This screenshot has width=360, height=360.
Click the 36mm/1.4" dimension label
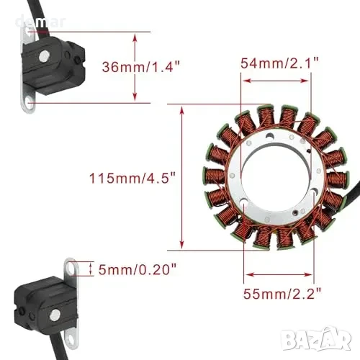point(141,66)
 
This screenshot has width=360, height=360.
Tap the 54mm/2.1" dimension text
point(279,63)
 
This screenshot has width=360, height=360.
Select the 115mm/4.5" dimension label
point(132,178)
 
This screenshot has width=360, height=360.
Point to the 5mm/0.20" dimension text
point(138,269)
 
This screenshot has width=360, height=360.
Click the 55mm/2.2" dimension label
point(282,294)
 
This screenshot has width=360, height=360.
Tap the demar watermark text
point(40,22)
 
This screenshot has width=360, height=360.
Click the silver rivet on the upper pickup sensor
point(44,56)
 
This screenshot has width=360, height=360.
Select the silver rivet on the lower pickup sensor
point(55,315)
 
